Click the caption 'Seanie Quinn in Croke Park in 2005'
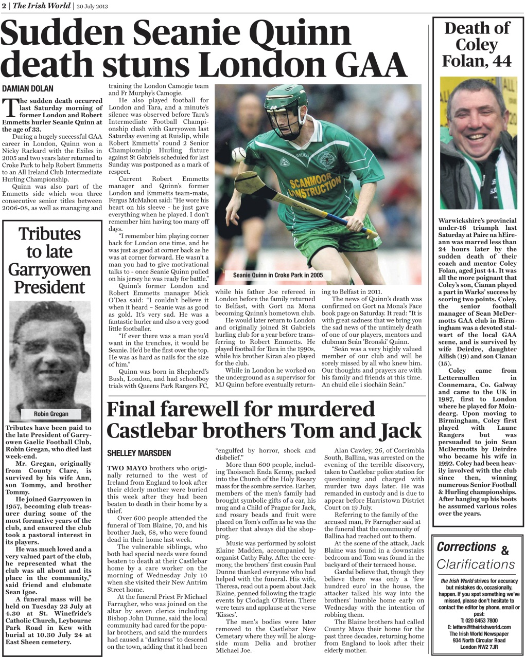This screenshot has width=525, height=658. point(278,275)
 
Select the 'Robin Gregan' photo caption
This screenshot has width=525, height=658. point(51,414)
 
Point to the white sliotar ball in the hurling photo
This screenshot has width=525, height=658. point(239,154)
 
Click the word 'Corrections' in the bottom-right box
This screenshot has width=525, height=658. point(466,547)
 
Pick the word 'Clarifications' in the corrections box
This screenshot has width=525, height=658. point(476,564)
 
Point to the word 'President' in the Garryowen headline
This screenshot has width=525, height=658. point(49,287)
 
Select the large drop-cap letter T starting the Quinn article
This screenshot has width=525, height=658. point(10,108)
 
